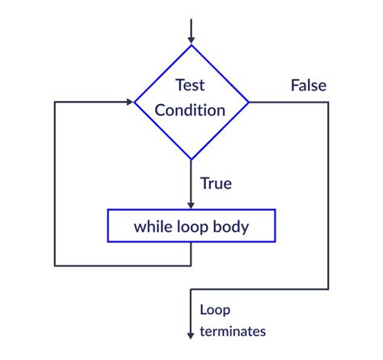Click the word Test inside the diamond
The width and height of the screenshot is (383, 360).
coord(191,84)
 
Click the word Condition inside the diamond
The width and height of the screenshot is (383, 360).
coord(191,111)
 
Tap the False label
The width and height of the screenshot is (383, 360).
coord(308,85)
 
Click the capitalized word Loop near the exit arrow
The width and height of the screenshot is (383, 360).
coord(215,310)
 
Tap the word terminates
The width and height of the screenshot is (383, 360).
coord(233,331)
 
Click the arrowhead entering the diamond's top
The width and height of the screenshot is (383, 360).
coord(191,39)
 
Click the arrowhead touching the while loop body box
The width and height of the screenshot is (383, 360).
coord(191,205)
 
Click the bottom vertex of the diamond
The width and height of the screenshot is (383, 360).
coord(191,159)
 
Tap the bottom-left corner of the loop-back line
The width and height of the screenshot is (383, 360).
coord(55,265)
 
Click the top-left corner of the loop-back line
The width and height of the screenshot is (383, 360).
coord(55,103)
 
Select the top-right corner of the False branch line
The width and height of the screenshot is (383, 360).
coord(329,103)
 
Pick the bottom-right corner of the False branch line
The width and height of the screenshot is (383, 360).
coord(329,288)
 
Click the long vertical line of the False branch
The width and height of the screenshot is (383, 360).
coord(329,194)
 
